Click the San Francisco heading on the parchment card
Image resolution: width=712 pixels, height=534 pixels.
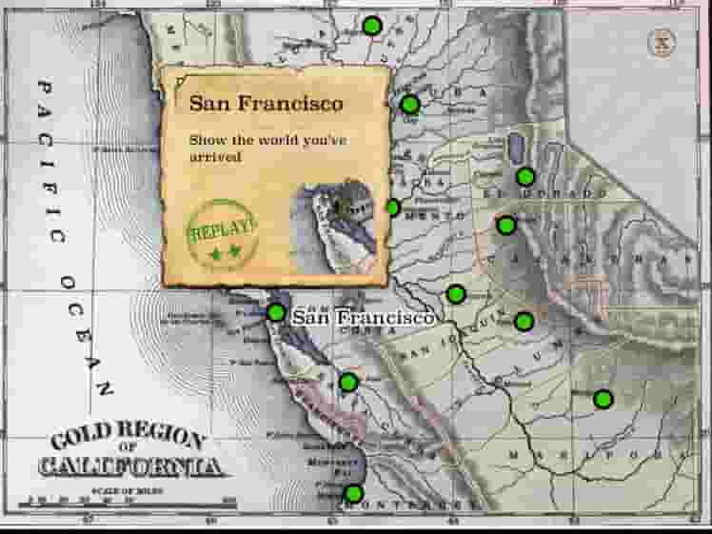click(x=266, y=103)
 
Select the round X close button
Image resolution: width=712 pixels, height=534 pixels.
click(x=661, y=42)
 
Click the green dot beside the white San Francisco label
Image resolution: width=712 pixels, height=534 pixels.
click(x=276, y=311)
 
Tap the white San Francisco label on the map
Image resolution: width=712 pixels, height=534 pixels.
click(x=363, y=317)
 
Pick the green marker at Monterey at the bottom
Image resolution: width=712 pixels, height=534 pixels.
click(x=353, y=493)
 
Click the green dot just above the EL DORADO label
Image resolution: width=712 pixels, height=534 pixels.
click(x=525, y=176)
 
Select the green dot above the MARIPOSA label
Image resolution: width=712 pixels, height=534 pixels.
click(x=603, y=398)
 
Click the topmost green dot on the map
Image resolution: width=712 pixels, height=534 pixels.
click(x=372, y=26)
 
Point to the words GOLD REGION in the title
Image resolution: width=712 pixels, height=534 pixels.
click(x=128, y=441)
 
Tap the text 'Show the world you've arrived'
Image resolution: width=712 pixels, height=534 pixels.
click(x=267, y=148)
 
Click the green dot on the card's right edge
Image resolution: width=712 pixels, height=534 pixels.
click(x=392, y=208)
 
